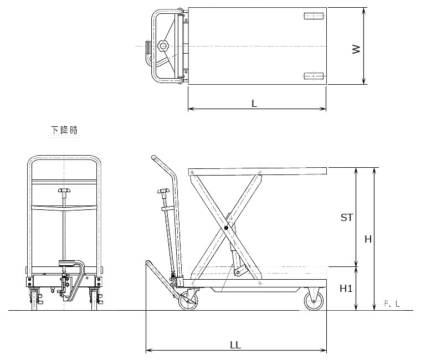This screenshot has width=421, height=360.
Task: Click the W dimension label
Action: click(356, 49)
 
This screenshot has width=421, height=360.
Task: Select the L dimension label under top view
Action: click(254, 104)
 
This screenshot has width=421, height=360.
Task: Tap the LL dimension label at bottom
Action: click(235, 345)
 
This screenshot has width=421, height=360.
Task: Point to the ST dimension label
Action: click(347, 218)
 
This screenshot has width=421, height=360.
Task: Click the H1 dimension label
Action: click(346, 289)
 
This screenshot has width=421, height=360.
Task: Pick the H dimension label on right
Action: click(368, 239)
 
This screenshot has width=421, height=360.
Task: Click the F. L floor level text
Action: click(392, 304)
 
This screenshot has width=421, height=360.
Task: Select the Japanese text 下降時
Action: click(64, 130)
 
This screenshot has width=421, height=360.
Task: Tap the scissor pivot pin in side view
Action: click(226, 228)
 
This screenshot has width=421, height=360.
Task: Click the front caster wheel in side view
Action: click(314, 301)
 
